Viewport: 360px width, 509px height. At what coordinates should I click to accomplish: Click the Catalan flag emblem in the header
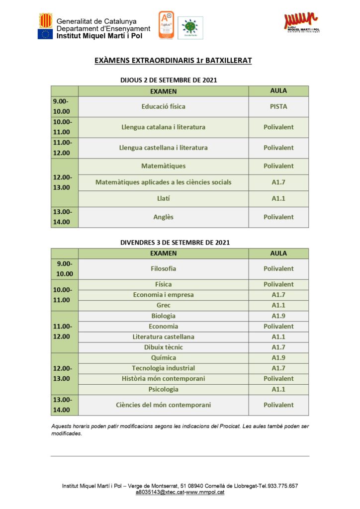[x=45, y=20]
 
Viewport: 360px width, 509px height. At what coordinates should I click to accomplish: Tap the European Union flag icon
[x=45, y=34]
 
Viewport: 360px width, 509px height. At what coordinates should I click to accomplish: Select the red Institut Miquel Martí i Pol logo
[x=301, y=22]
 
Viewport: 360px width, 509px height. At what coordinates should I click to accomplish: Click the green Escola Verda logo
[x=190, y=27]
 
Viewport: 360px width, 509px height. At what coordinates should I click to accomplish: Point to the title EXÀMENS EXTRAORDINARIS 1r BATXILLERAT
[x=173, y=61]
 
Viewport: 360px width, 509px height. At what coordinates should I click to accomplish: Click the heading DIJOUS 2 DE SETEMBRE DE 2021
[x=169, y=80]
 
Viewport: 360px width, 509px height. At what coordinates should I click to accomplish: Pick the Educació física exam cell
[x=163, y=106]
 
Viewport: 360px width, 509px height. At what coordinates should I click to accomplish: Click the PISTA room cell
[x=278, y=106]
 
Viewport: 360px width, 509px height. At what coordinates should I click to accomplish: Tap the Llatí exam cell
[x=163, y=198]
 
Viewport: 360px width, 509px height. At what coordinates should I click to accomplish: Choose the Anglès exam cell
[x=163, y=217]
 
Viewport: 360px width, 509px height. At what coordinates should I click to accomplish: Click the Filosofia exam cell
[x=163, y=268]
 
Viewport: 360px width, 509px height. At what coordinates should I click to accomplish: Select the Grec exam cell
[x=163, y=305]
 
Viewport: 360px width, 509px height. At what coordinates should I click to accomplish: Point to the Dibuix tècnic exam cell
[x=163, y=347]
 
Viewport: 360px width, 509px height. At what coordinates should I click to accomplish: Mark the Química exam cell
[x=163, y=357]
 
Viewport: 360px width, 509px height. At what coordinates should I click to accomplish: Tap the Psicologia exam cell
[x=163, y=389]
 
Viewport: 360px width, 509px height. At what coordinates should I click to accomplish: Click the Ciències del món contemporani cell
[x=163, y=405]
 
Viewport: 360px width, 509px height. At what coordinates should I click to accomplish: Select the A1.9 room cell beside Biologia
[x=278, y=316]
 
